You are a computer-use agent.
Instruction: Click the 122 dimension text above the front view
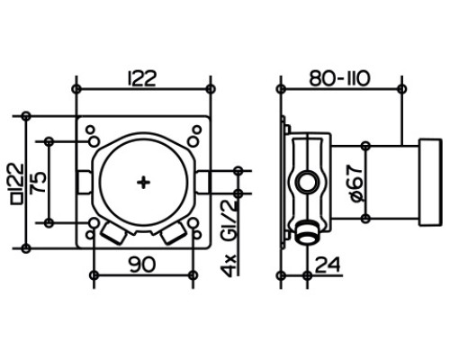coord(142,78)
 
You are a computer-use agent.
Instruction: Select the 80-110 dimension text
coord(340,78)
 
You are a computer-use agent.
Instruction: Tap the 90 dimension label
coord(142,265)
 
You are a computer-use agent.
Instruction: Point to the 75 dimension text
coord(39,182)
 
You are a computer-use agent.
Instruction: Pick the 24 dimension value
coord(328,265)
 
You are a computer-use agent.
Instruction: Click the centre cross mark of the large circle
coord(143,183)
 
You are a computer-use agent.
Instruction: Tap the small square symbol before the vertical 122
coord(17,199)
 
